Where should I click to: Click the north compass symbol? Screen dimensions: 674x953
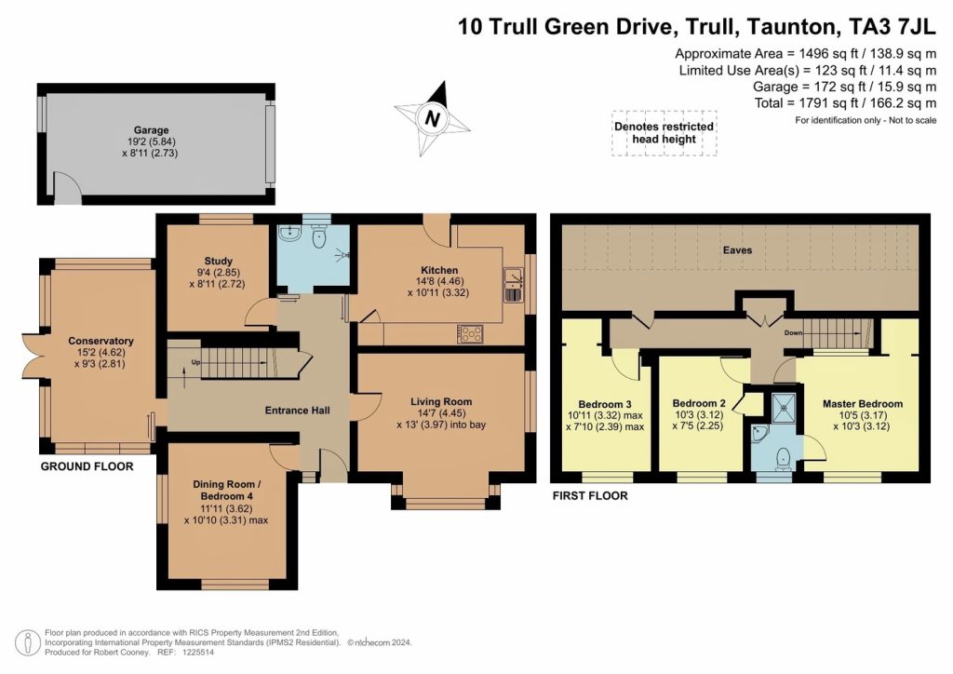[432, 118]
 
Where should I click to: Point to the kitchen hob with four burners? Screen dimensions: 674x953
[469, 333]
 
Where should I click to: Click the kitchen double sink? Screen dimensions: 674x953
[512, 285]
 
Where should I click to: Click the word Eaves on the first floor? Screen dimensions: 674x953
[740, 250]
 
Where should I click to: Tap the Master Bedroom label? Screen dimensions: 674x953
[862, 404]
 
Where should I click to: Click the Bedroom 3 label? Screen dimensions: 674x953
[606, 404]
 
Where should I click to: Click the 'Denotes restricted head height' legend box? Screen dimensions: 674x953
[664, 133]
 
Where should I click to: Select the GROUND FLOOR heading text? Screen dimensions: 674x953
[87, 466]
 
